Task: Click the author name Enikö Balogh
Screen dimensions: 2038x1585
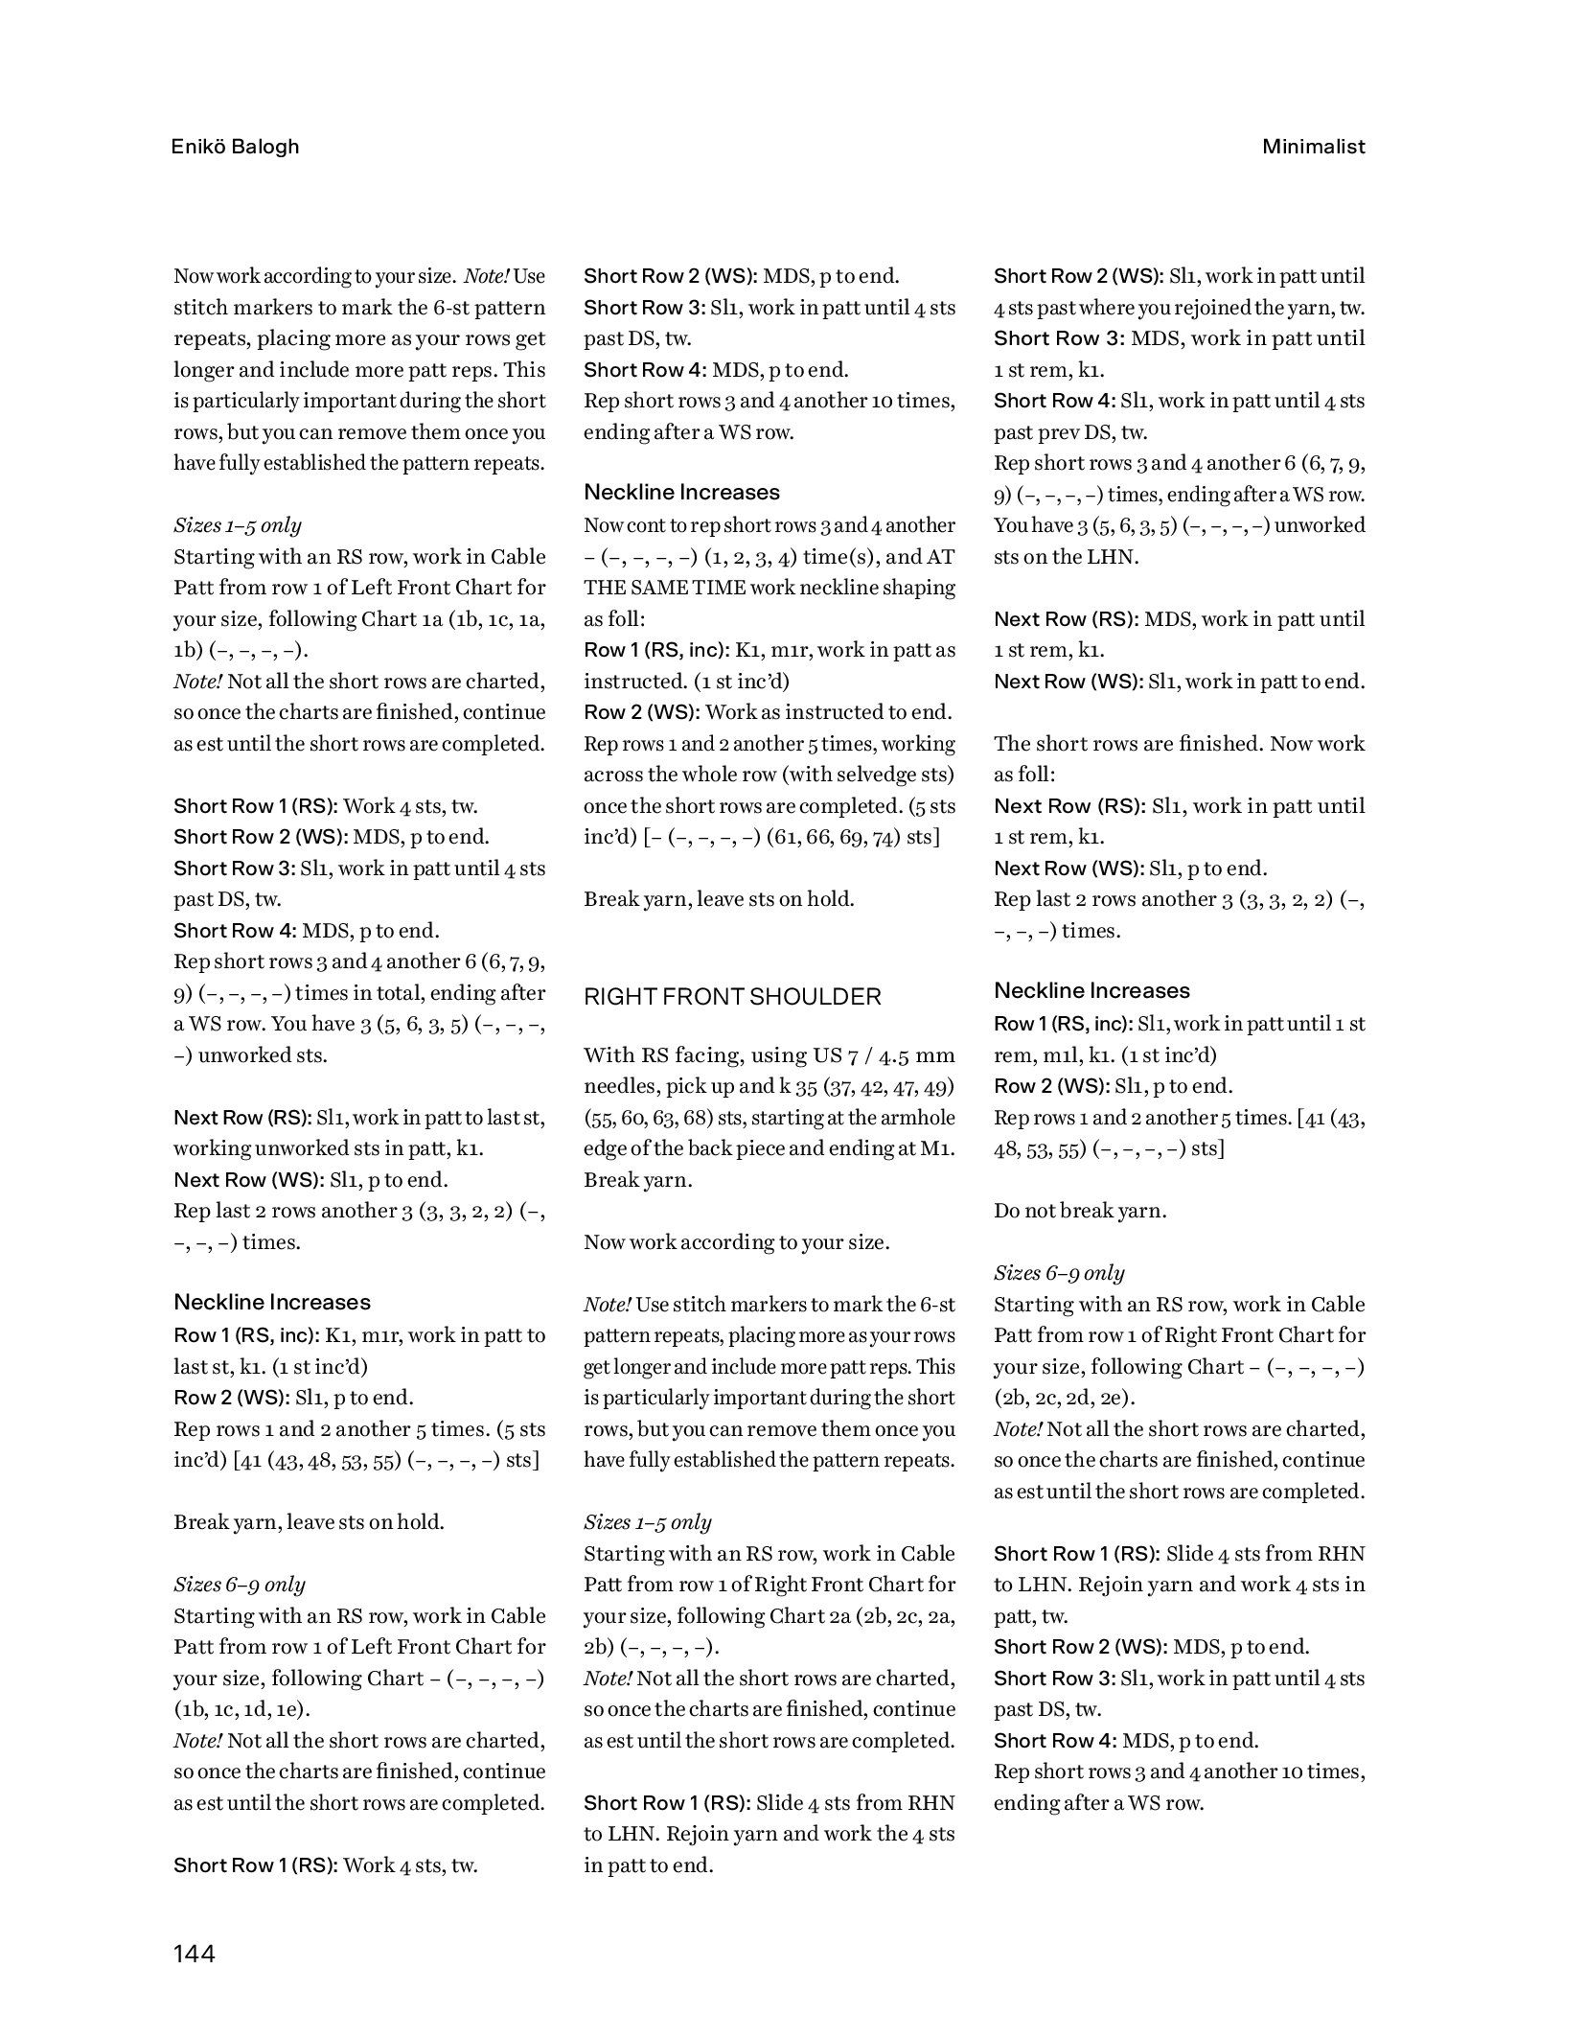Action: point(236,147)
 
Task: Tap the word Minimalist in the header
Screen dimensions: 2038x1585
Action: point(1313,147)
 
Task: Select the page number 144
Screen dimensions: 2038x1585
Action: point(195,1953)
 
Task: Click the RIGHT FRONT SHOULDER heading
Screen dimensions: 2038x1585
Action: point(732,997)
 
